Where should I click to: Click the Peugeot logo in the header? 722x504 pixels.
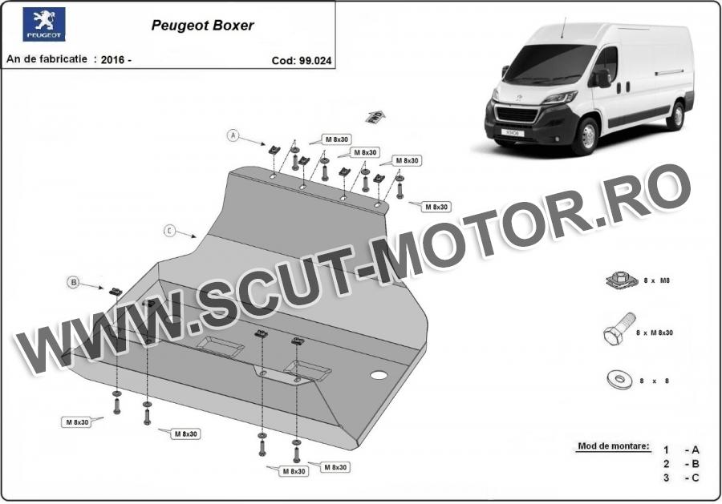pos(44,24)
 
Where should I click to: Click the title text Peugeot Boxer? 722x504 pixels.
pos(203,26)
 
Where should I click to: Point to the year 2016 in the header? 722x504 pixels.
pos(112,60)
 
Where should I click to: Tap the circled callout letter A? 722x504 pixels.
pos(233,135)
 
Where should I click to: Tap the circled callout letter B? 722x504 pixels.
pos(73,282)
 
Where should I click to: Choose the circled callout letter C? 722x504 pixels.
pos(169,231)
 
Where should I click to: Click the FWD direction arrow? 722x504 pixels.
pos(375,116)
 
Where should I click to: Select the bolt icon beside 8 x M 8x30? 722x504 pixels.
pos(619,329)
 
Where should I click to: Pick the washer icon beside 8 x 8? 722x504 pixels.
pos(619,380)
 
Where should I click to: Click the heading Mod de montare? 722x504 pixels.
pos(614,446)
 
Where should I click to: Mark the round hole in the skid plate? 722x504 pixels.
pos(379,375)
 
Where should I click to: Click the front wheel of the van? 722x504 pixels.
pos(587,136)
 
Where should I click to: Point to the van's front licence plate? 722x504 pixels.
pos(513,132)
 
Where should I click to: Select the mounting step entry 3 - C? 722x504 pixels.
pos(681,478)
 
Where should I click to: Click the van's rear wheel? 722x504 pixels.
pos(676,115)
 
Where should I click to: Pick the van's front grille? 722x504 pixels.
pos(517,115)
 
